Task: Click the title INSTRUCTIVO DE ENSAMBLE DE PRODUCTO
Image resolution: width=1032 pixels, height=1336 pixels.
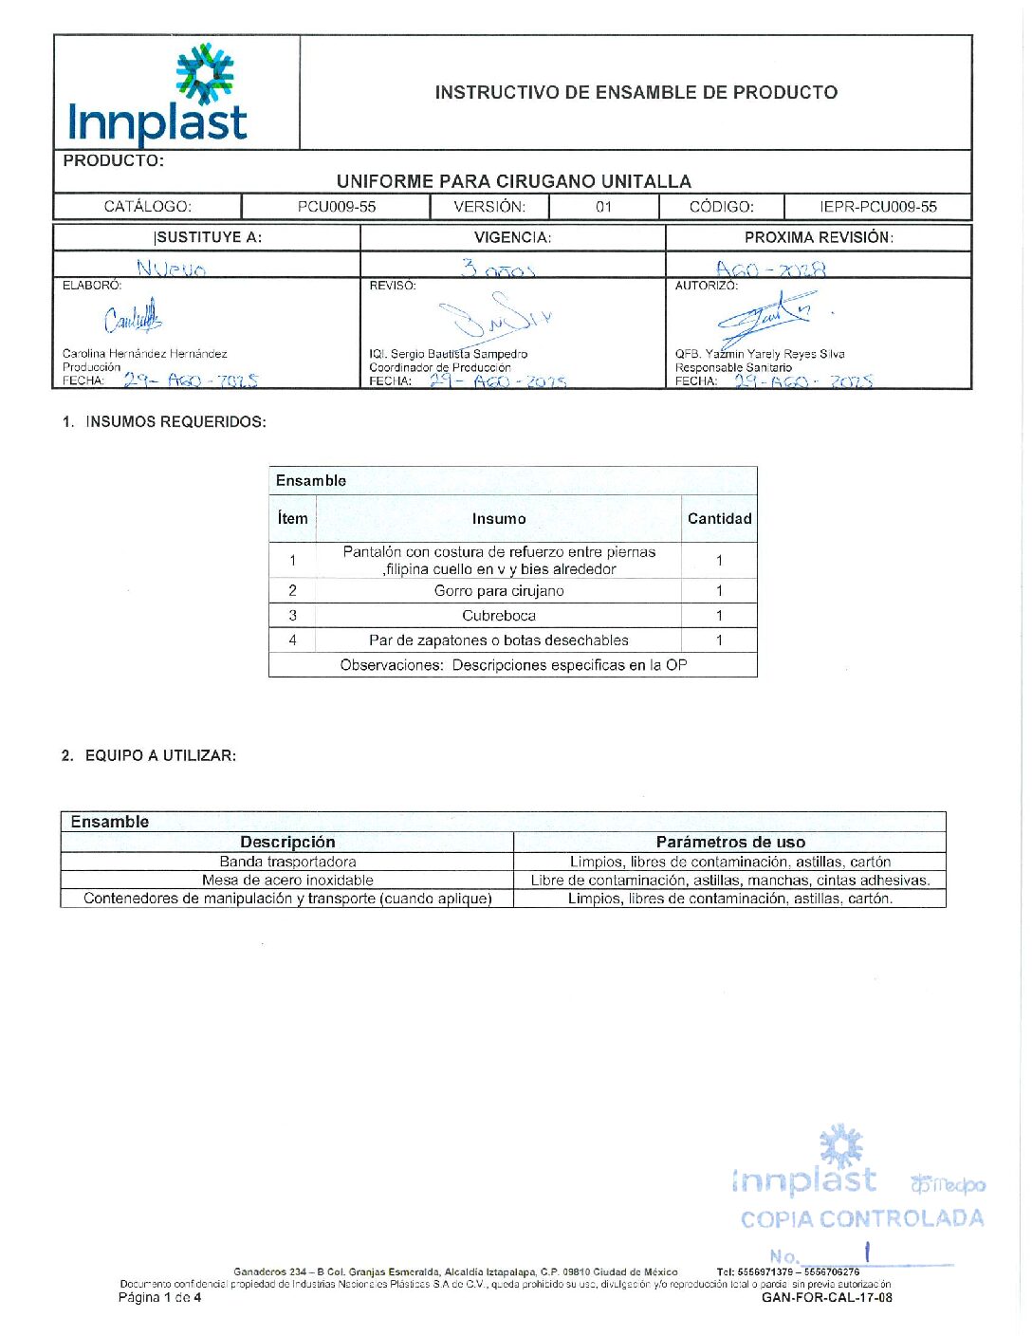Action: pos(636,92)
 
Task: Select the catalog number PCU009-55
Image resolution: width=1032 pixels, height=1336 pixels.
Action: pos(336,207)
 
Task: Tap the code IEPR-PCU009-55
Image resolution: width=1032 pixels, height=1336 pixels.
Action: pos(877,207)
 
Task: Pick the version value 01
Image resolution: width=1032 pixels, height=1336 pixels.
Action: pos(603,207)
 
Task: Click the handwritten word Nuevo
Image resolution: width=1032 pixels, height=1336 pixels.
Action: pos(171,269)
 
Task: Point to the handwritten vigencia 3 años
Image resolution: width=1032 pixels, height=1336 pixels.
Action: pos(498,269)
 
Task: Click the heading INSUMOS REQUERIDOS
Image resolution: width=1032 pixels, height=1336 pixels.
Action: pos(175,421)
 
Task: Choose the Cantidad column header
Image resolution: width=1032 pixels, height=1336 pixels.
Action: pos(719,518)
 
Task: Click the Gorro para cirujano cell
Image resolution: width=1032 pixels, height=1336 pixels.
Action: pos(499,590)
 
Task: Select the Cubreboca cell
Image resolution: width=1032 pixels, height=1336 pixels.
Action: pos(499,615)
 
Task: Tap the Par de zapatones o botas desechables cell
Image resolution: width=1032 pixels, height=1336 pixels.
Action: pos(499,640)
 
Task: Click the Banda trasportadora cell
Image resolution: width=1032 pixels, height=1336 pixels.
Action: pos(287,862)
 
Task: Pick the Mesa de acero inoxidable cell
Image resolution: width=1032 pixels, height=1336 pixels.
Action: pos(287,880)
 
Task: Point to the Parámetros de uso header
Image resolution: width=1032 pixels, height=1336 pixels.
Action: pos(730,842)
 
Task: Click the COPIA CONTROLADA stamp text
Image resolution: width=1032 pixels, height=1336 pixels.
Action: pos(861,1218)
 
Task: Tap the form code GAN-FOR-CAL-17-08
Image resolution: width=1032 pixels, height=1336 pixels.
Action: pos(826,1297)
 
